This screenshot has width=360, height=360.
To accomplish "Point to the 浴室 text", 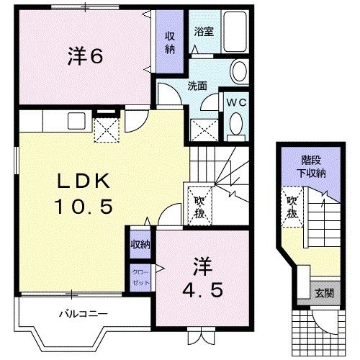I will coord(202,32).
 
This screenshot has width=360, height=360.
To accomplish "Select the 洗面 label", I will coord(198,85).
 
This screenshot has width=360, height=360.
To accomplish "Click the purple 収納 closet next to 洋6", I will coord(170,42).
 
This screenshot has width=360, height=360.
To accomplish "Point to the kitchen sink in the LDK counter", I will coord(74,120).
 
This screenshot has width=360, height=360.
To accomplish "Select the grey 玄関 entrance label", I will coord(321,292).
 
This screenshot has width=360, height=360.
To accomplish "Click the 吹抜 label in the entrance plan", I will coord(292,207).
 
